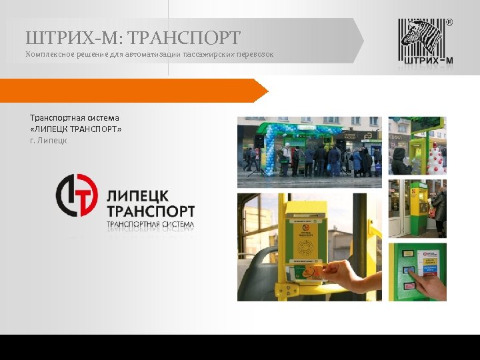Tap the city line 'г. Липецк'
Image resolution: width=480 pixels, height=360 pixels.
pyautogui.click(x=49, y=140)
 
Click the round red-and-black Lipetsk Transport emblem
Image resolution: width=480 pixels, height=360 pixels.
pyautogui.click(x=77, y=195)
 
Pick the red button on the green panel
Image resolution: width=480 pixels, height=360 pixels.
pyautogui.click(x=409, y=285)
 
